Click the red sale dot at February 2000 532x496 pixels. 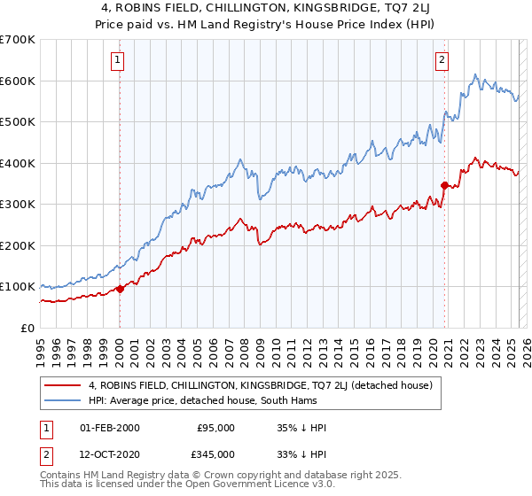[x=120, y=289]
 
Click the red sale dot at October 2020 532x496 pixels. [x=444, y=185]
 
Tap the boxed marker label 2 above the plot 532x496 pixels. [x=441, y=60]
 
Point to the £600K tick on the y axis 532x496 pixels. [x=18, y=81]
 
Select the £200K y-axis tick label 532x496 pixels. [x=18, y=245]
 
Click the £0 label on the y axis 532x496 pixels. [x=28, y=328]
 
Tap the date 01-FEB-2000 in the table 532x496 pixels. [x=109, y=428]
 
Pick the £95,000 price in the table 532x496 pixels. [x=216, y=428]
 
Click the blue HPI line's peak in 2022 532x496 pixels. [x=476, y=74]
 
